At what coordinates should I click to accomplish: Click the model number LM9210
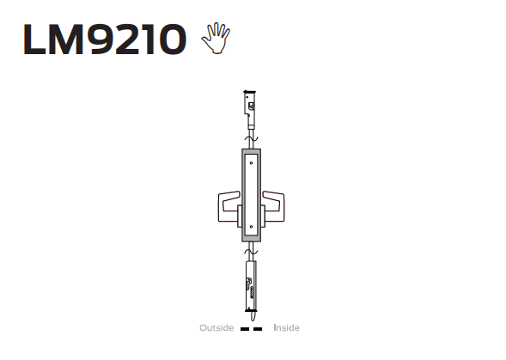[105, 39]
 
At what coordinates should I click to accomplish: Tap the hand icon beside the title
[216, 38]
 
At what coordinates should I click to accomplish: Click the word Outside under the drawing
[216, 327]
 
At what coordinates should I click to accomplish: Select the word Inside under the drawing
[286, 327]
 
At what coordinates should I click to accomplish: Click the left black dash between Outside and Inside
[245, 329]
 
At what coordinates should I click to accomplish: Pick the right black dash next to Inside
[258, 329]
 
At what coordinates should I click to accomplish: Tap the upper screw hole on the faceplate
[251, 163]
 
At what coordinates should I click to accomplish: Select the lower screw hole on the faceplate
[251, 227]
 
